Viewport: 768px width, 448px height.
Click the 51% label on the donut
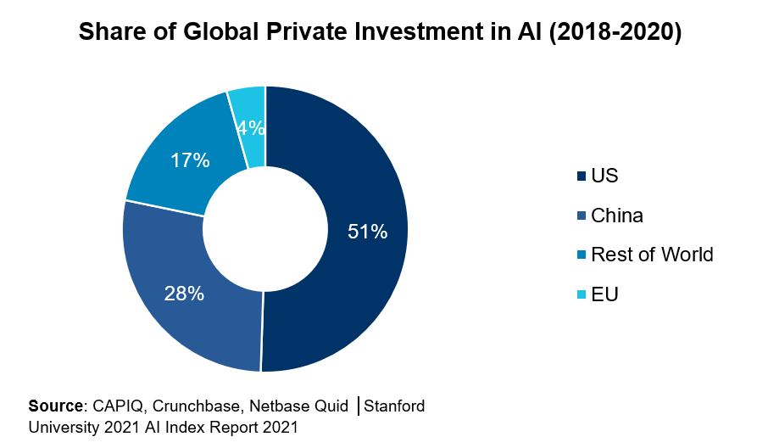click(x=367, y=231)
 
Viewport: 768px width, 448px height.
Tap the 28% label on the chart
click(x=184, y=294)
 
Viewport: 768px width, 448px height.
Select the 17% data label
click(x=191, y=160)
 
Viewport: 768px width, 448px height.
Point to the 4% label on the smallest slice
click(x=252, y=128)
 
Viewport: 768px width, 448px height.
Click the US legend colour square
click(x=581, y=176)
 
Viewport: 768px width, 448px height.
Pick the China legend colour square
click(x=581, y=216)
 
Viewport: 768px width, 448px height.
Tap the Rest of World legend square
click(x=581, y=255)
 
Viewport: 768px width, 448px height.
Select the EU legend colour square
click(x=581, y=295)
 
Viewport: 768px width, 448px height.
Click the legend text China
click(x=617, y=216)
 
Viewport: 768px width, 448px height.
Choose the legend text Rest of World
click(x=652, y=255)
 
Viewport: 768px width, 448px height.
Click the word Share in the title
click(x=108, y=33)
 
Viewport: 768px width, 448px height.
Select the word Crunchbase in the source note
click(x=189, y=406)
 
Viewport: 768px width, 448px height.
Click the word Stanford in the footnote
click(x=394, y=406)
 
